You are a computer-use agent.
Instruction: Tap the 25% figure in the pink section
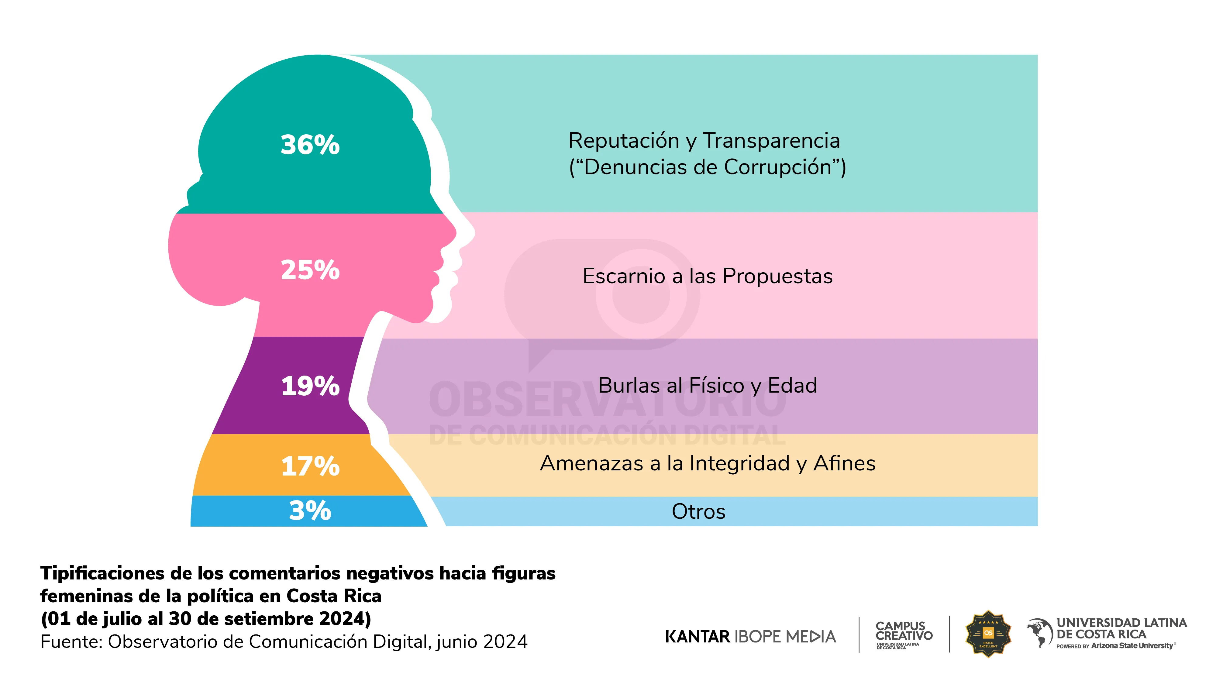click(x=310, y=270)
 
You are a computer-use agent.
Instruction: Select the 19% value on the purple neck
click(x=310, y=386)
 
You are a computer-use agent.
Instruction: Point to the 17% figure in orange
click(x=310, y=466)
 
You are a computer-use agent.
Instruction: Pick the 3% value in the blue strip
click(x=310, y=511)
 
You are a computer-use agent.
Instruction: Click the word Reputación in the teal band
click(x=623, y=141)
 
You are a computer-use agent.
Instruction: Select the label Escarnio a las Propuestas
click(x=707, y=276)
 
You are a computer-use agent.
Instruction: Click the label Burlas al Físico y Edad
click(x=707, y=386)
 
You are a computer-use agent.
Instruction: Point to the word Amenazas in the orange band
click(x=592, y=464)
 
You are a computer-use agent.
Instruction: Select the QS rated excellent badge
click(x=988, y=634)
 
